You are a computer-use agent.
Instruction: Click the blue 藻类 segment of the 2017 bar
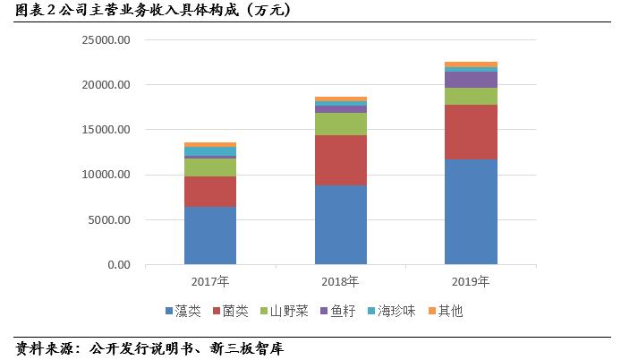(210, 236)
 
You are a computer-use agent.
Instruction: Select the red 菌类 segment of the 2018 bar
(341, 160)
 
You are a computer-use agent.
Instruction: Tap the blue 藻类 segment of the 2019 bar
(472, 211)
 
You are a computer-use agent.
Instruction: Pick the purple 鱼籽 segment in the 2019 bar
(472, 80)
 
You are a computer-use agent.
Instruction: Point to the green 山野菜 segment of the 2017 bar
(210, 167)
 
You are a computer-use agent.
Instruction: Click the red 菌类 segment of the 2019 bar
(472, 132)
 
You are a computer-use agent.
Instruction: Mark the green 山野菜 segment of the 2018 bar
(341, 124)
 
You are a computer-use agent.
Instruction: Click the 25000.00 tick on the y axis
(106, 40)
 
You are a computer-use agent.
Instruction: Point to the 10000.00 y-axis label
(106, 175)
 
